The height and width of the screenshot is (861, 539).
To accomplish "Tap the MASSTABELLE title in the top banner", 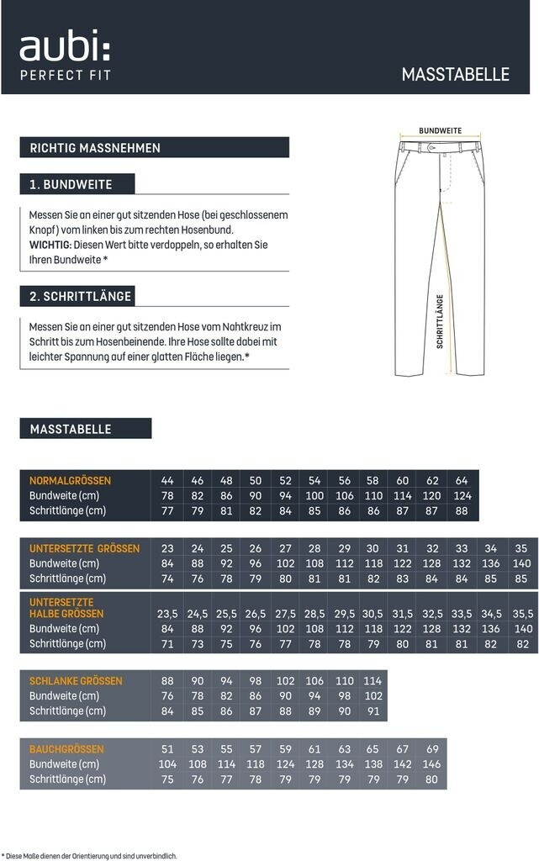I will click(455, 74).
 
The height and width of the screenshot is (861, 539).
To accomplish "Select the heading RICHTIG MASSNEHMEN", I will click(95, 148).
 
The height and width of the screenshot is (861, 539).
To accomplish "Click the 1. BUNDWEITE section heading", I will click(71, 184).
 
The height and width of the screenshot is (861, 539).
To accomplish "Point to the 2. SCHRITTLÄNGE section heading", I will click(81, 297).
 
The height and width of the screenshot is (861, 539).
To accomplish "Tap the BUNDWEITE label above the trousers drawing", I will click(441, 131).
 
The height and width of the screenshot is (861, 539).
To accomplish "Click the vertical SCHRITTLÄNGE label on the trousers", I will click(439, 320).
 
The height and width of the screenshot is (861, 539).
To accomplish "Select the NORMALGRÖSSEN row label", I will click(70, 481).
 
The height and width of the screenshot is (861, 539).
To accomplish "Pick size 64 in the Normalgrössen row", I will click(462, 481).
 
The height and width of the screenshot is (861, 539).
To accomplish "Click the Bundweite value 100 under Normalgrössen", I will click(315, 496).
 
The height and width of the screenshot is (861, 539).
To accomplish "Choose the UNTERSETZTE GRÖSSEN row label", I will click(84, 548).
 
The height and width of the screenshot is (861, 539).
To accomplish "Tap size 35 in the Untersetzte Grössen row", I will click(521, 548).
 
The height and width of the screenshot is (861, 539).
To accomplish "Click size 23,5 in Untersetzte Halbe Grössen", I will click(167, 614).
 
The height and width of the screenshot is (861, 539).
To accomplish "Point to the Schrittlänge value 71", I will click(167, 643).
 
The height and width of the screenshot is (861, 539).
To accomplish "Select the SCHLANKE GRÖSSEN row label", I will click(76, 681).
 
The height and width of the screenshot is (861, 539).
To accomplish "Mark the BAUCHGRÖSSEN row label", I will click(66, 749).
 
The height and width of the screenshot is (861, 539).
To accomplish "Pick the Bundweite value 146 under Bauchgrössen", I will click(432, 764).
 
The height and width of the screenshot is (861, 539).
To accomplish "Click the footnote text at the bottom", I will click(90, 855).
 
